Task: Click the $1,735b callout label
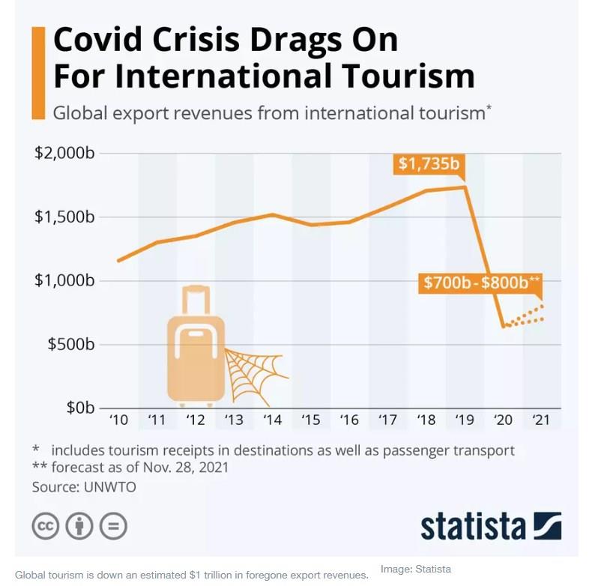(429, 164)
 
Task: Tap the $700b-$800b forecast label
(480, 283)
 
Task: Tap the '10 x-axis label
(118, 420)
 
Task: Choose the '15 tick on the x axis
(310, 420)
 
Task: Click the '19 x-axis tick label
(465, 420)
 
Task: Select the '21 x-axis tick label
(541, 420)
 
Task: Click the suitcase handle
(196, 300)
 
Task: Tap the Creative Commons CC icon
(46, 525)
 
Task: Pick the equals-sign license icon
(113, 525)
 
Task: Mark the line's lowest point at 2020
(504, 327)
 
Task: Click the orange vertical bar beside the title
(37, 72)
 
